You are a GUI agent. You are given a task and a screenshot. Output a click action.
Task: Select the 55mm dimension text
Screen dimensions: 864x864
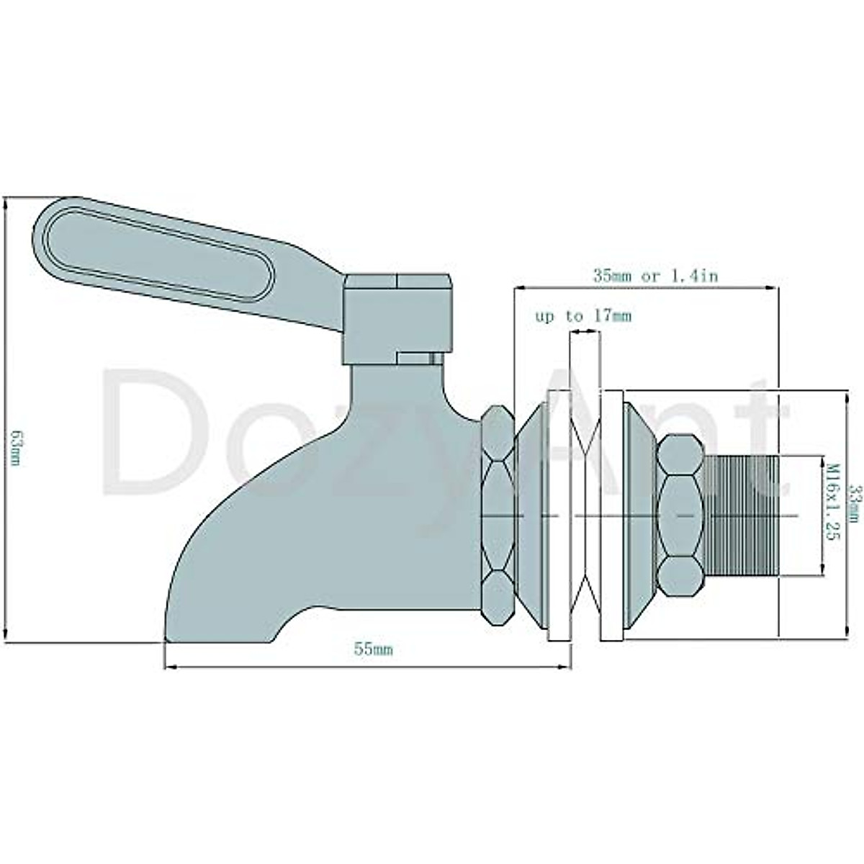pyautogui.click(x=373, y=649)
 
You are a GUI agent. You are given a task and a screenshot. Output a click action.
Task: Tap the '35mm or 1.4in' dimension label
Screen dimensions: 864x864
pyautogui.click(x=655, y=275)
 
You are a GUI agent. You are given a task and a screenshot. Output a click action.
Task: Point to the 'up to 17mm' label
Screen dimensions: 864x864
pyautogui.click(x=583, y=316)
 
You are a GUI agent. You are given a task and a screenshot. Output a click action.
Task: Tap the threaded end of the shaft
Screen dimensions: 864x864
pyautogui.click(x=742, y=515)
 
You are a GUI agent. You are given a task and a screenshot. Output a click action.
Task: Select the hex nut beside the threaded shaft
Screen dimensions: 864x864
pyautogui.click(x=680, y=515)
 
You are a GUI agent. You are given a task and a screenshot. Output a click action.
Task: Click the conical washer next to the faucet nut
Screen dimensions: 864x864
pyautogui.click(x=531, y=515)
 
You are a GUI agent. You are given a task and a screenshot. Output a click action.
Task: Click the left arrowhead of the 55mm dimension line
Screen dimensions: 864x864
pyautogui.click(x=170, y=667)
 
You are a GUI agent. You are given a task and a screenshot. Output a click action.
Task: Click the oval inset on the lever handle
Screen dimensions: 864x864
pyautogui.click(x=158, y=252)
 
